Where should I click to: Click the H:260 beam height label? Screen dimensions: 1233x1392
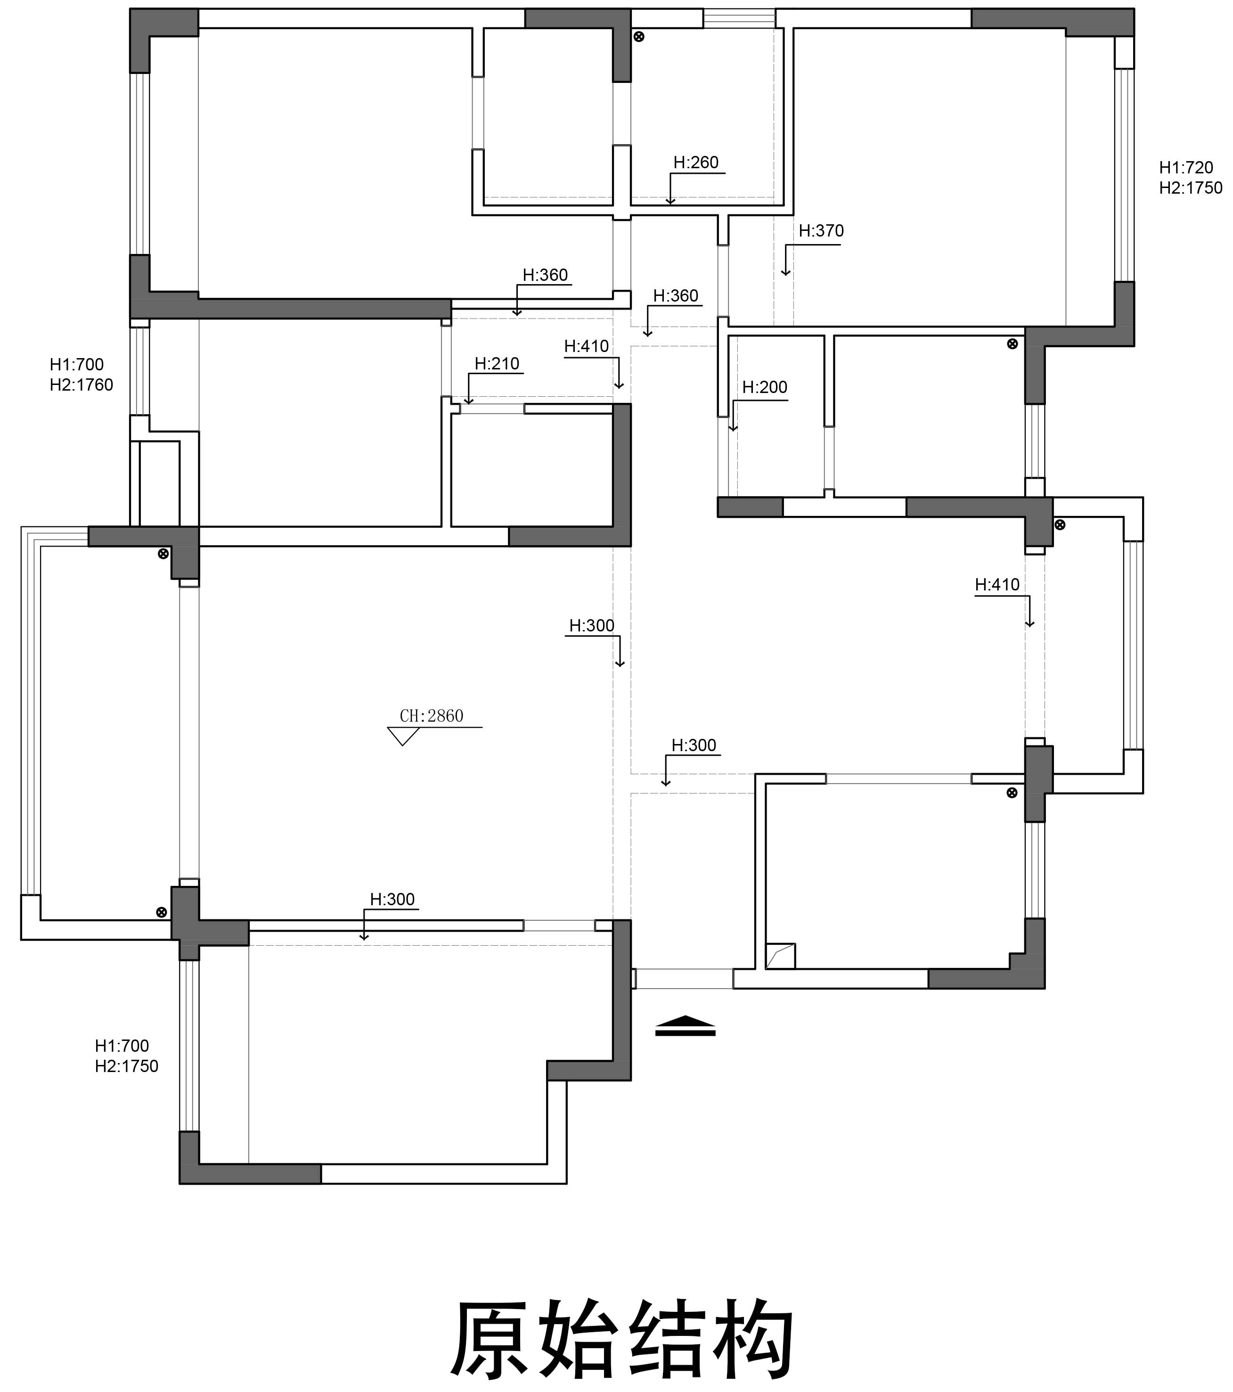click(696, 162)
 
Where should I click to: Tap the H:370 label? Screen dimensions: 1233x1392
click(821, 231)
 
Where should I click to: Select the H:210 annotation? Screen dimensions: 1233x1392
click(497, 364)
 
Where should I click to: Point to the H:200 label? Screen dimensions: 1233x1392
click(765, 387)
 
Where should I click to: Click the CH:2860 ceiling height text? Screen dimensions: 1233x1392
click(432, 716)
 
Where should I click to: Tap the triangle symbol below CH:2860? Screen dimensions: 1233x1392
click(403, 736)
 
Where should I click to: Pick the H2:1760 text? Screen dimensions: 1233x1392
click(81, 385)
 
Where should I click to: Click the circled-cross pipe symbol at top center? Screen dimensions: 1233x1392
click(638, 37)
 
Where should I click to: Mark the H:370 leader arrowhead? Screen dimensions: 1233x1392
click(786, 272)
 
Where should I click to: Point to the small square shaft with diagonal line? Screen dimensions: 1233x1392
click(780, 956)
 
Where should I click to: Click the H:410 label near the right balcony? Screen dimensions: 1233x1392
click(997, 584)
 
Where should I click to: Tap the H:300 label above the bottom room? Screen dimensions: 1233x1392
click(392, 899)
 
